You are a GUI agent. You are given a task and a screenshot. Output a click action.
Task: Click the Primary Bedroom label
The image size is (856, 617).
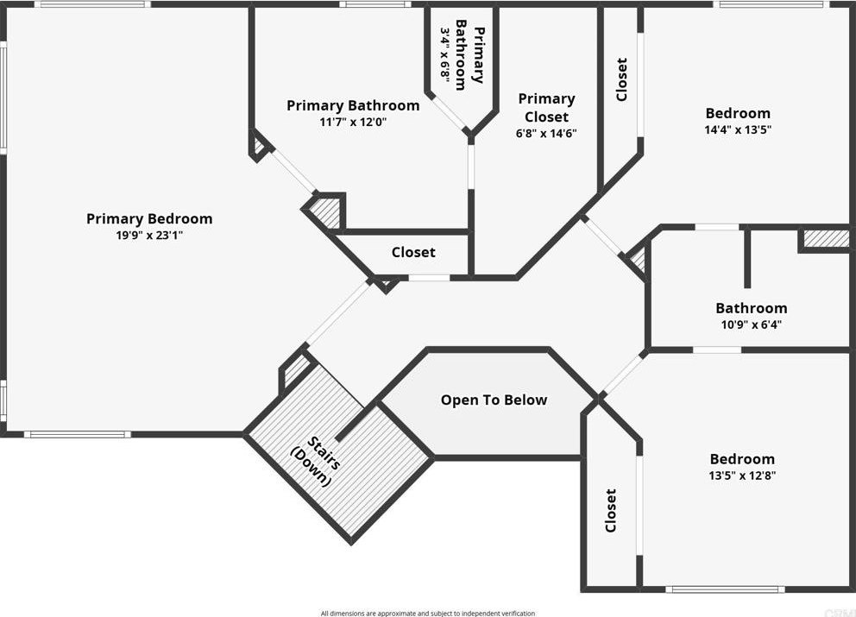pyautogui.click(x=149, y=218)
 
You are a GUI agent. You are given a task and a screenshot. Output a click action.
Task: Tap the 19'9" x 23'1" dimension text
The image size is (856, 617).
pyautogui.click(x=149, y=235)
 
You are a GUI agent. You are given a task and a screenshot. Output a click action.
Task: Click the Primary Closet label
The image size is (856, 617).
pyautogui.click(x=546, y=108)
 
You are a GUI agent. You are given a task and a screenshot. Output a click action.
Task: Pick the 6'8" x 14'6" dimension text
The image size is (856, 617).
pyautogui.click(x=546, y=133)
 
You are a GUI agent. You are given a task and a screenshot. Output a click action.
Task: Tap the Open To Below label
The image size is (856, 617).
pyautogui.click(x=494, y=400)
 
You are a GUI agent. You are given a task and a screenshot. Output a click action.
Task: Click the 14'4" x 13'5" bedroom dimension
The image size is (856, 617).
pyautogui.click(x=738, y=130)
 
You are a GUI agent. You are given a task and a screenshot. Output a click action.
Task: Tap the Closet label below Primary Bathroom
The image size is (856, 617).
pyautogui.click(x=413, y=252)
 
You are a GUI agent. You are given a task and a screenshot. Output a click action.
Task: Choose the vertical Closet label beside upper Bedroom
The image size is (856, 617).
pyautogui.click(x=621, y=80)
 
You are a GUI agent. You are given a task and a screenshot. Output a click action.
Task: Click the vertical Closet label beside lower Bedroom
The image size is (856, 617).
pyautogui.click(x=611, y=511)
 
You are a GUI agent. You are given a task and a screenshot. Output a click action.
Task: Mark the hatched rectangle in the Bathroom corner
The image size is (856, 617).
pyautogui.click(x=826, y=238)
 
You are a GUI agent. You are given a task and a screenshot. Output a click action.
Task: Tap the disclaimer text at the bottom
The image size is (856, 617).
pyautogui.click(x=428, y=613)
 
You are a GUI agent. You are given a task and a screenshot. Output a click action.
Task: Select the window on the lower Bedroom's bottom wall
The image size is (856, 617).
pyautogui.click(x=725, y=590)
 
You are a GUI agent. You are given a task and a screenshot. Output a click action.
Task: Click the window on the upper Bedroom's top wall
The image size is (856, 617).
pyautogui.click(x=759, y=4)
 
